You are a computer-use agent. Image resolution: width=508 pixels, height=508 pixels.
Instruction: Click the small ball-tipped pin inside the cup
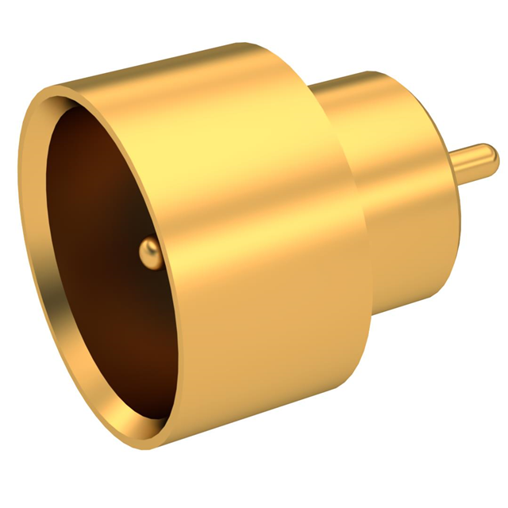point(150,252)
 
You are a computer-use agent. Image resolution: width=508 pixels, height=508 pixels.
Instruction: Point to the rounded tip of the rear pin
point(493,156)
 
